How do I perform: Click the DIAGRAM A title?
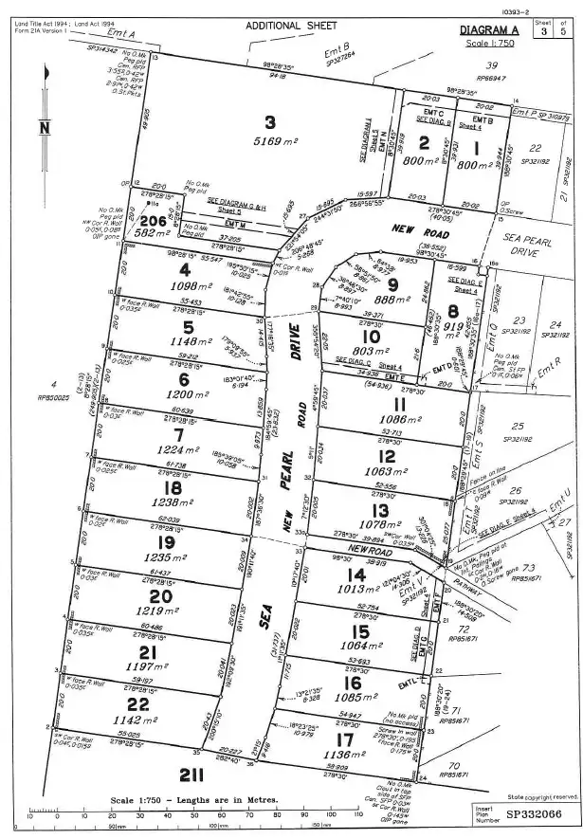487,29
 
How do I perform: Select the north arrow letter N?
45,127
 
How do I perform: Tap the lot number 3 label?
270,121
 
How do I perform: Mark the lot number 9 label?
390,283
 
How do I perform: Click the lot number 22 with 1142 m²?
138,704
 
